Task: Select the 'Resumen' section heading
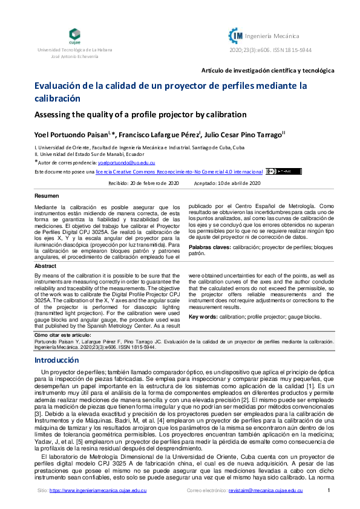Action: pos(47,196)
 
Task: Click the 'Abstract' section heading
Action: pos(45,266)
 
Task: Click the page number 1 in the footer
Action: pos(328,490)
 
